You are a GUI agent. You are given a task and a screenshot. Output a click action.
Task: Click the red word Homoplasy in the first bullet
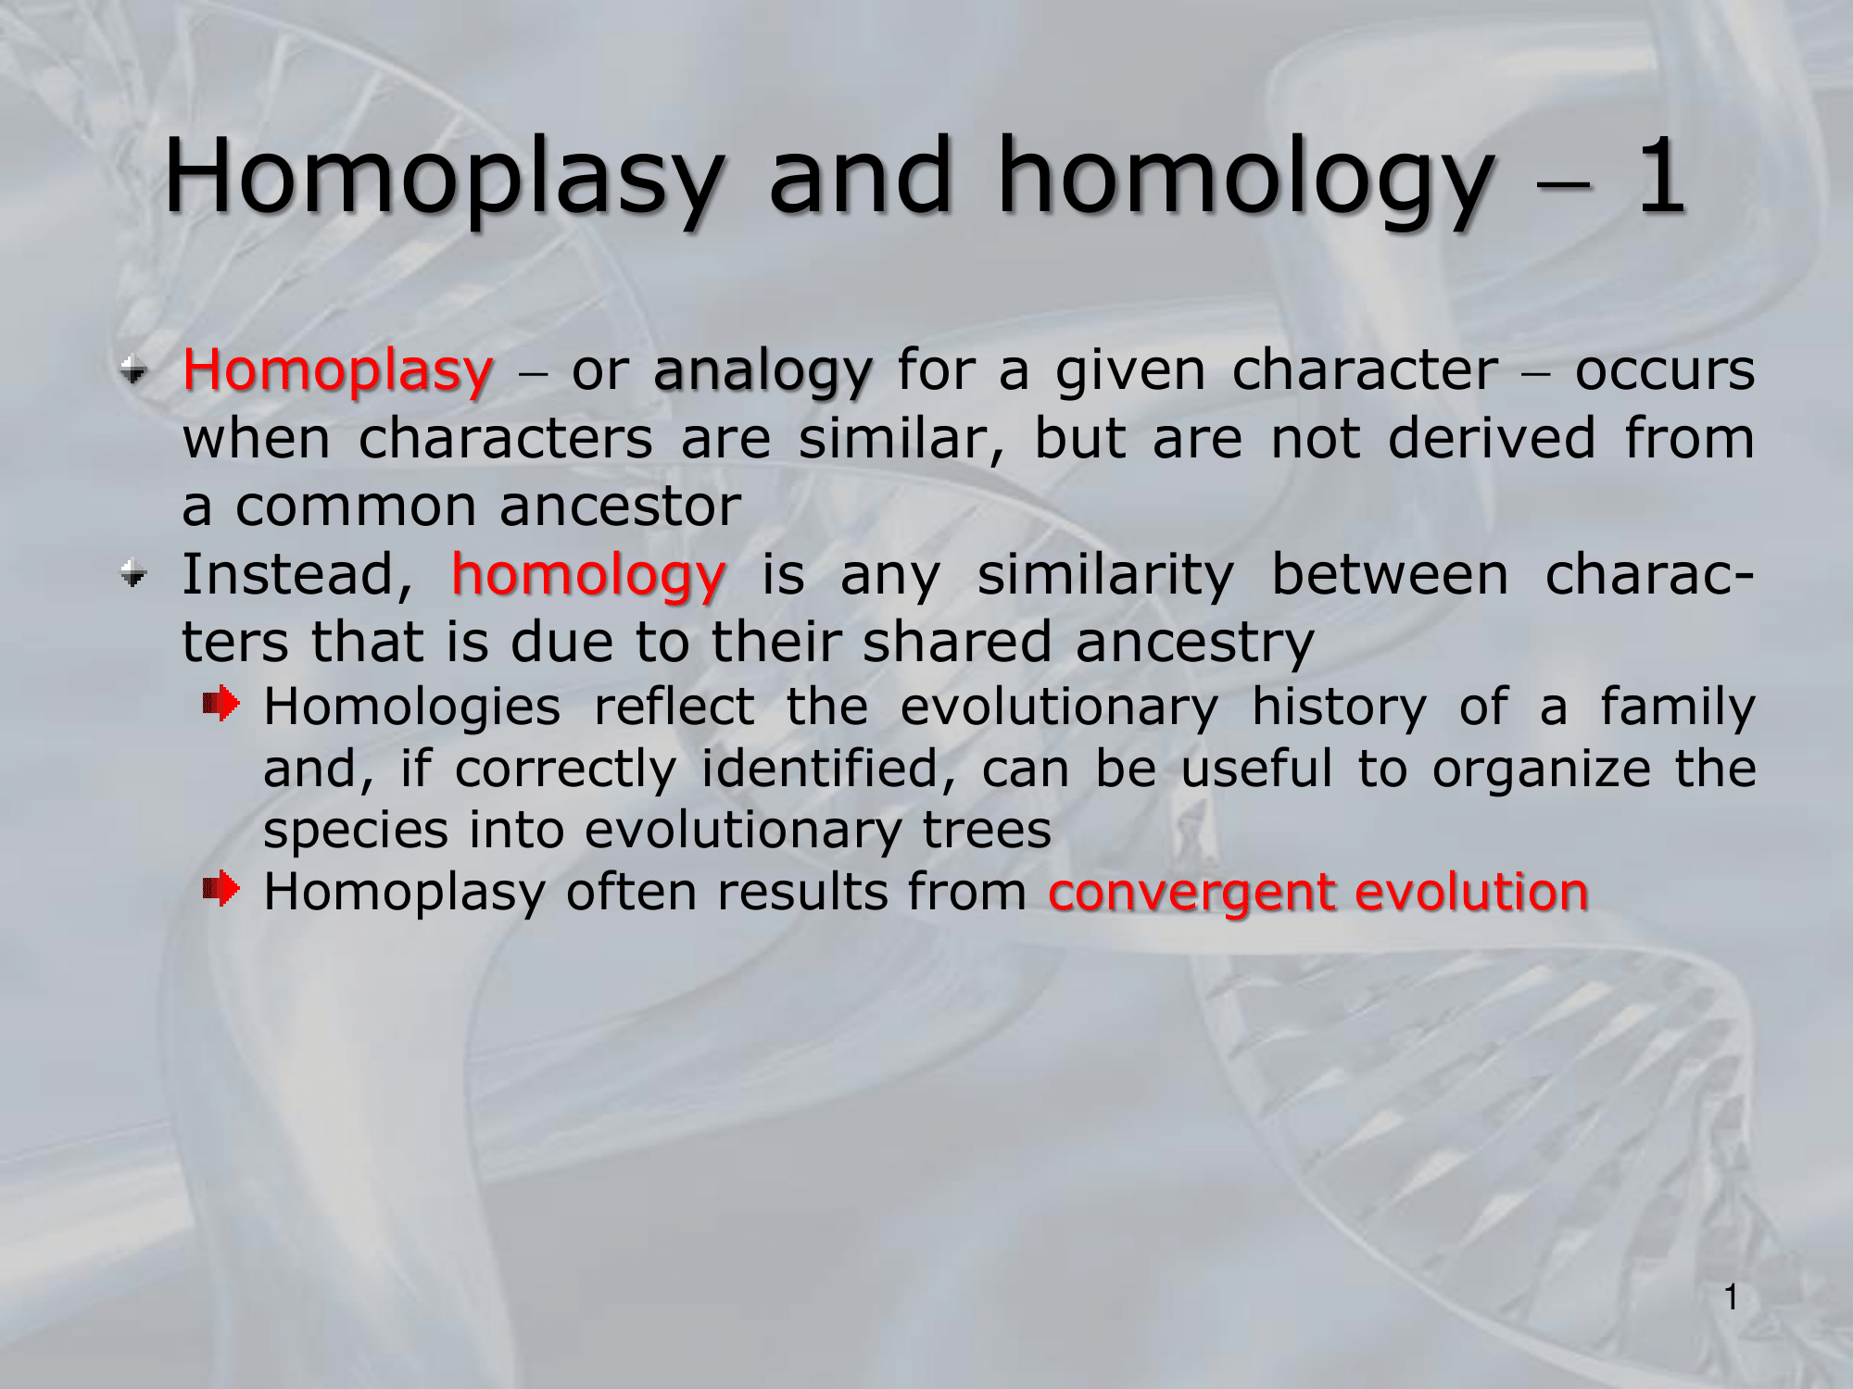tap(338, 372)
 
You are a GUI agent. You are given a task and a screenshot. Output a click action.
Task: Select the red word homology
tap(588, 577)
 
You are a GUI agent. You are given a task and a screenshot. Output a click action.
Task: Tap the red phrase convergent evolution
tap(1318, 894)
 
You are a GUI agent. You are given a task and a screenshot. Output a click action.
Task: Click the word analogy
tap(763, 372)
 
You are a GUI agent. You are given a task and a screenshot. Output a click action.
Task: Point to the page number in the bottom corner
tap(1731, 1297)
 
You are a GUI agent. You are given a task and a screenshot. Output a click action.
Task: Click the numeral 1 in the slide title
tap(1661, 176)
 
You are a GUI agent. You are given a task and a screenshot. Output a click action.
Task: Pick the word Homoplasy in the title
tap(443, 179)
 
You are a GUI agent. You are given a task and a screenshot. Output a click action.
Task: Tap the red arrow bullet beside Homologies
tap(221, 705)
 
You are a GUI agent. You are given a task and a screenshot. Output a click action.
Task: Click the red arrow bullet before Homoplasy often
tap(221, 890)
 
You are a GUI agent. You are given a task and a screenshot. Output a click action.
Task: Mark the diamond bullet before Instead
tap(134, 575)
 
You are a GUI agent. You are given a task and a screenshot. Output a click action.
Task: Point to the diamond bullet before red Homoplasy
tap(134, 371)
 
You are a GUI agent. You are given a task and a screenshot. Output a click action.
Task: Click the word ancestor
tap(621, 507)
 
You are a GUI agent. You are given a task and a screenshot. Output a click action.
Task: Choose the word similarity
tap(1105, 577)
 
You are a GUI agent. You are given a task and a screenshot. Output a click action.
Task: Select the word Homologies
tap(412, 709)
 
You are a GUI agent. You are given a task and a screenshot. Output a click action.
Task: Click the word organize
tap(1542, 770)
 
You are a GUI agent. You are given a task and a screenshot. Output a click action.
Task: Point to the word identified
tap(820, 770)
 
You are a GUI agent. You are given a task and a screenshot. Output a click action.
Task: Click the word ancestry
tap(1195, 644)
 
